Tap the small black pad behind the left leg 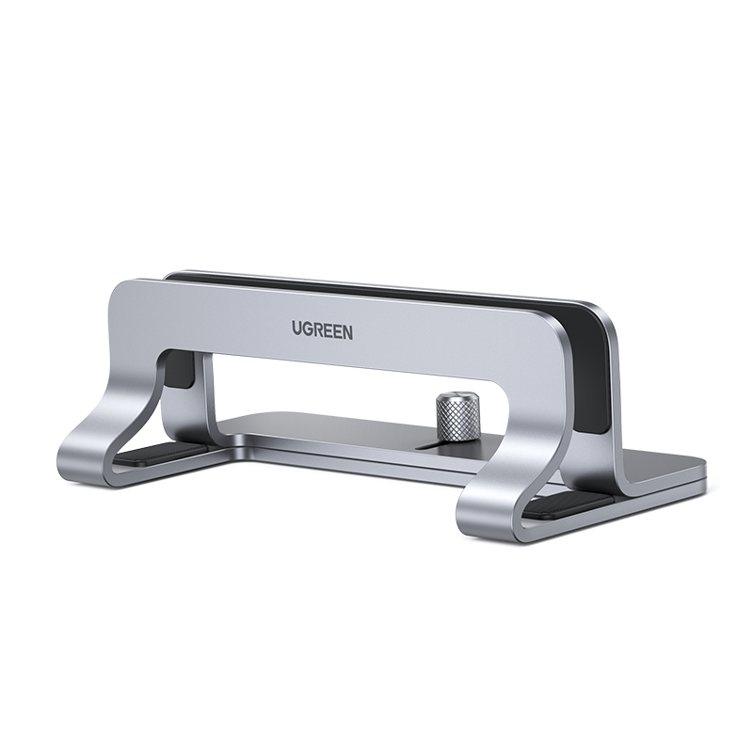(x=182, y=373)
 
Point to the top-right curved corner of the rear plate (x=602, y=315)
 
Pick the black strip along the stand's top (x=376, y=286)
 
